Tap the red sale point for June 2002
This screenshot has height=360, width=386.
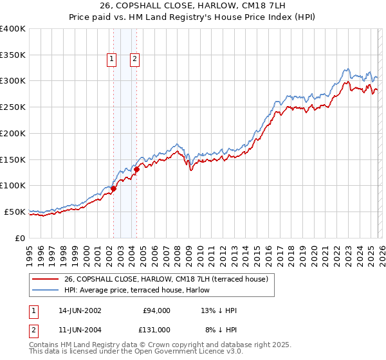click(x=113, y=189)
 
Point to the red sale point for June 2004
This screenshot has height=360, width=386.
click(x=136, y=170)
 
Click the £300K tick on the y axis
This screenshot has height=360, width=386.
click(x=13, y=81)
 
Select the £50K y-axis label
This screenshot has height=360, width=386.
click(x=15, y=212)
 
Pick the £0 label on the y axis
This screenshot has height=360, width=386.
click(x=21, y=238)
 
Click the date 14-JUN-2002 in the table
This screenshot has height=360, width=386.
click(x=80, y=310)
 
